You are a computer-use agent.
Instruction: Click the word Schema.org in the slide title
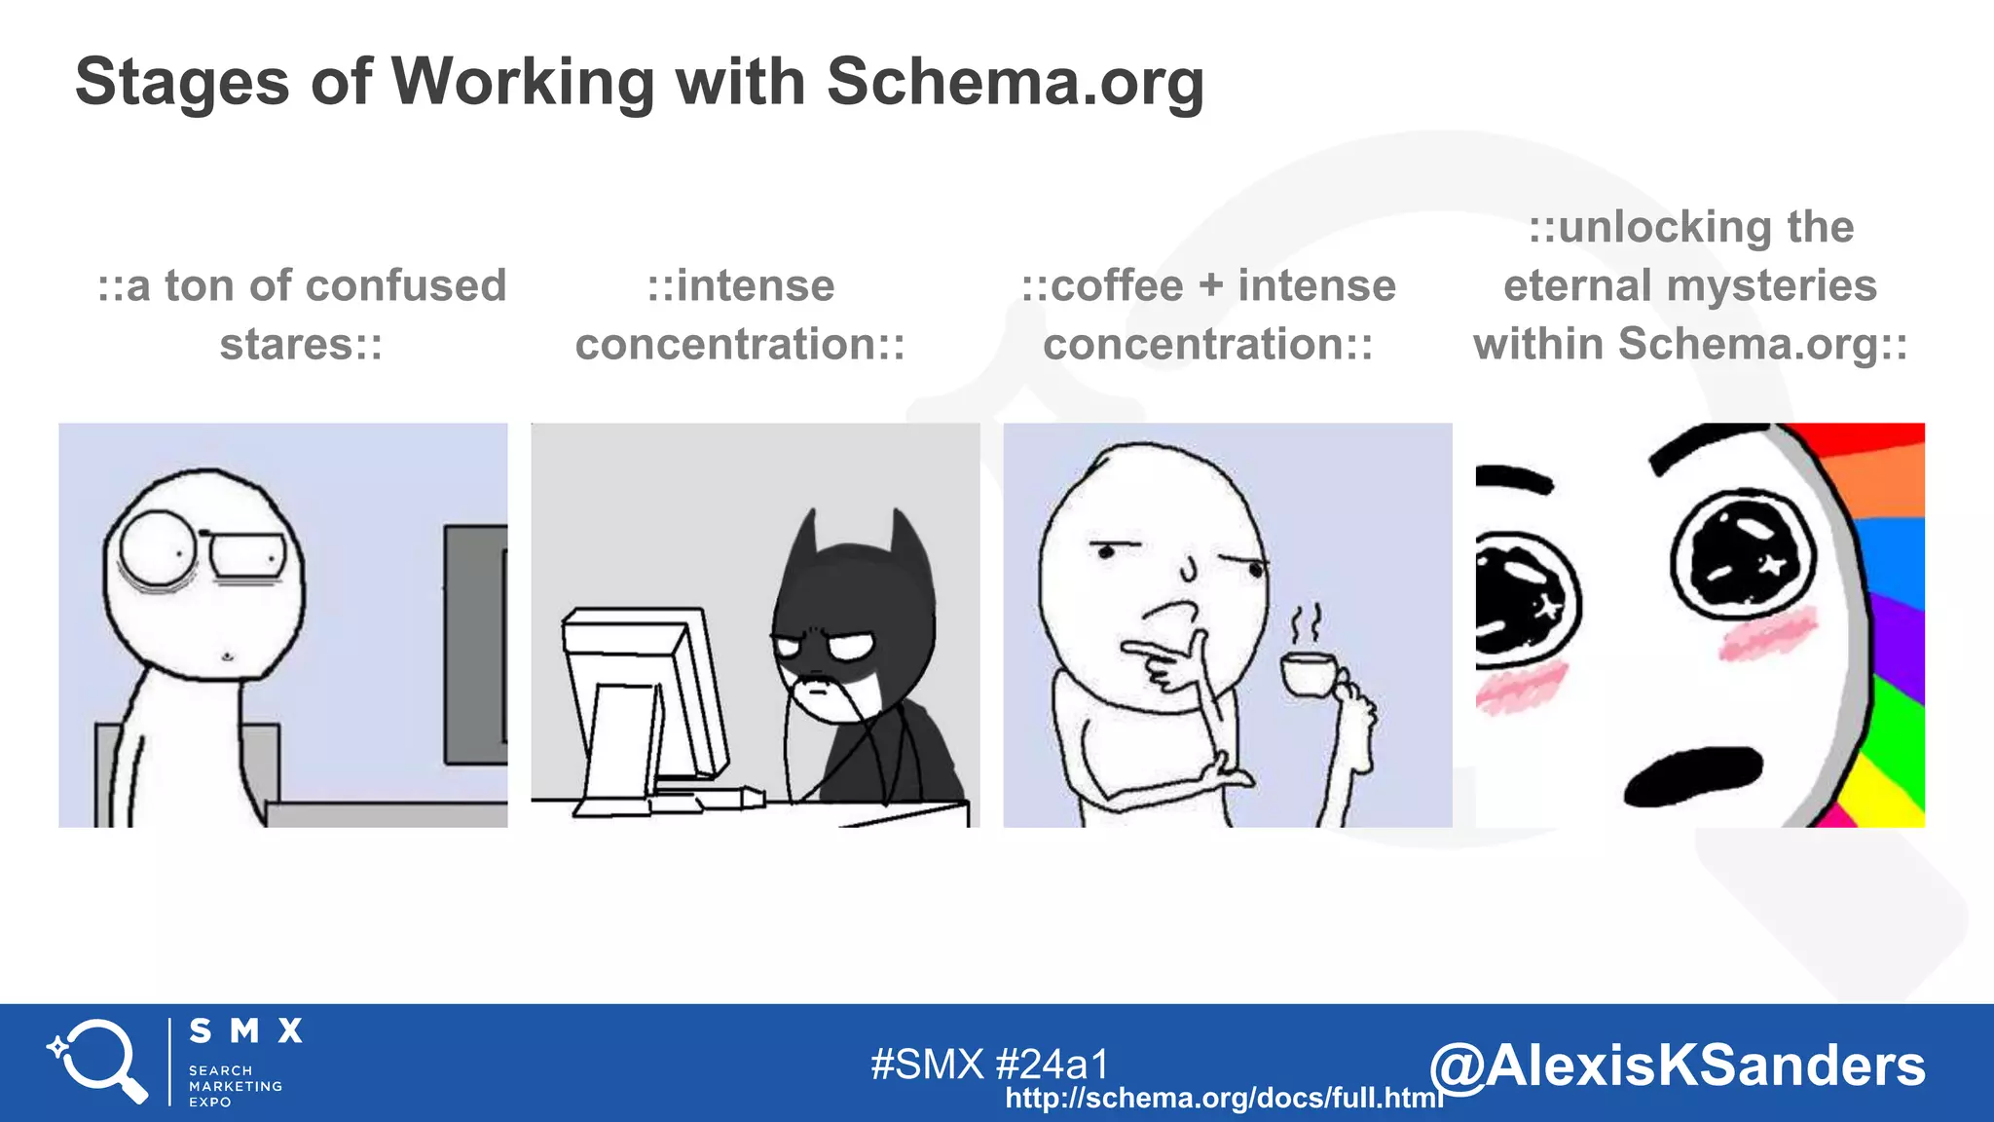point(1015,83)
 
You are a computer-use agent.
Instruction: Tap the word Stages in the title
point(182,83)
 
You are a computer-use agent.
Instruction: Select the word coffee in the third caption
point(1117,286)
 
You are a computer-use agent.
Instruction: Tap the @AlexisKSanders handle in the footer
point(1677,1066)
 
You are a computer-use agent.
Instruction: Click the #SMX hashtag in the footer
point(927,1065)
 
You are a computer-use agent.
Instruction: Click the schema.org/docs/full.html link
point(1224,1099)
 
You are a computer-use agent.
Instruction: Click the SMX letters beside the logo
point(245,1031)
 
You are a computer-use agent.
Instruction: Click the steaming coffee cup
point(1309,673)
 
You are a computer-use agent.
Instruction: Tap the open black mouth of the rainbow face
point(1694,775)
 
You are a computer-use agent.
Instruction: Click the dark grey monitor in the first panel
point(476,644)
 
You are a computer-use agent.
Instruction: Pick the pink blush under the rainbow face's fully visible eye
point(1767,633)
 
